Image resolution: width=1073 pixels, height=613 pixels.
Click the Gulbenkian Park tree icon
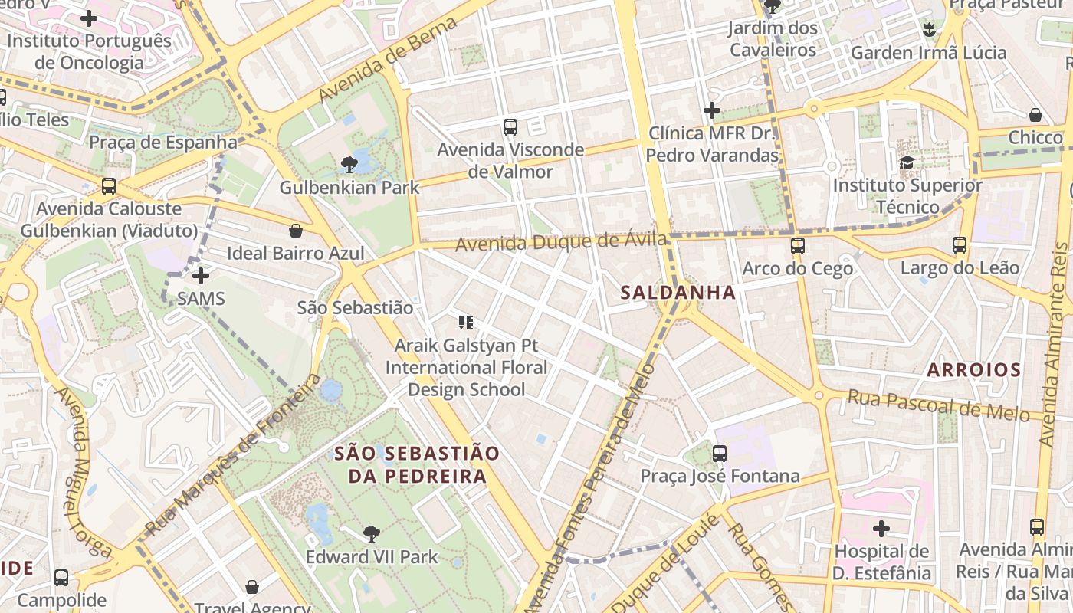349,164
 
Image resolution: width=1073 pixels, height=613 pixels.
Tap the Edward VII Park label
372,557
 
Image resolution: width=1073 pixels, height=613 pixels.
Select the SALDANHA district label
678,292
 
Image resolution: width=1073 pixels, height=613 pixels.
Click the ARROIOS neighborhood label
973,370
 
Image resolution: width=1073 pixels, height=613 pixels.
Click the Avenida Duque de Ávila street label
561,242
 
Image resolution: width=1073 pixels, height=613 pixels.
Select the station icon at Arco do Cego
798,246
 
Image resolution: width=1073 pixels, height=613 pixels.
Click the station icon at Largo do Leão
960,245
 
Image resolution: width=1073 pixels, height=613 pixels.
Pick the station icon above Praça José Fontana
720,453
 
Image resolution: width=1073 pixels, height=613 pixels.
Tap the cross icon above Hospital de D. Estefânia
881,528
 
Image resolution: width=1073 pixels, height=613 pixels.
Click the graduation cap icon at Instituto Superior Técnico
907,162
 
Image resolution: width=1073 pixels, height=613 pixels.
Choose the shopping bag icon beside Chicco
1035,115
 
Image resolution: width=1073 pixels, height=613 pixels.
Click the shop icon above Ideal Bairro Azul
296,230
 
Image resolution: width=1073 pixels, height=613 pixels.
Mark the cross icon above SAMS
201,275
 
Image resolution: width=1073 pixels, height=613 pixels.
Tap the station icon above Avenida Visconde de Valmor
510,127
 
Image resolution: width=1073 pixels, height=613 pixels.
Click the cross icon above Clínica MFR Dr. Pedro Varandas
712,110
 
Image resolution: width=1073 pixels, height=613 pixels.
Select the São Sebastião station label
355,308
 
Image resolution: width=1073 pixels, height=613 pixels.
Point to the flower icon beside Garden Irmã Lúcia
930,30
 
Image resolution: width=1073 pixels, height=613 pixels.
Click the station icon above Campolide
61,577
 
